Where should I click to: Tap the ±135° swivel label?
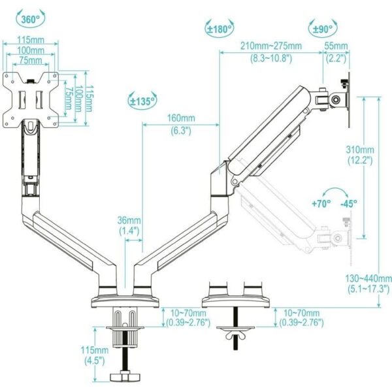[142, 101]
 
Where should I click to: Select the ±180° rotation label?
[220, 29]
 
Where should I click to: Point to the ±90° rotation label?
[322, 29]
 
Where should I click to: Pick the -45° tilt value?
[349, 203]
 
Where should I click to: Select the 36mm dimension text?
[129, 220]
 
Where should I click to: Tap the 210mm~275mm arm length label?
[271, 46]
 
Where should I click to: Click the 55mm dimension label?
[337, 46]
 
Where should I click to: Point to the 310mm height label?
[359, 148]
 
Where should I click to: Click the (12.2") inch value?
[359, 159]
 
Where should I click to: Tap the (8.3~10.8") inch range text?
[271, 57]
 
